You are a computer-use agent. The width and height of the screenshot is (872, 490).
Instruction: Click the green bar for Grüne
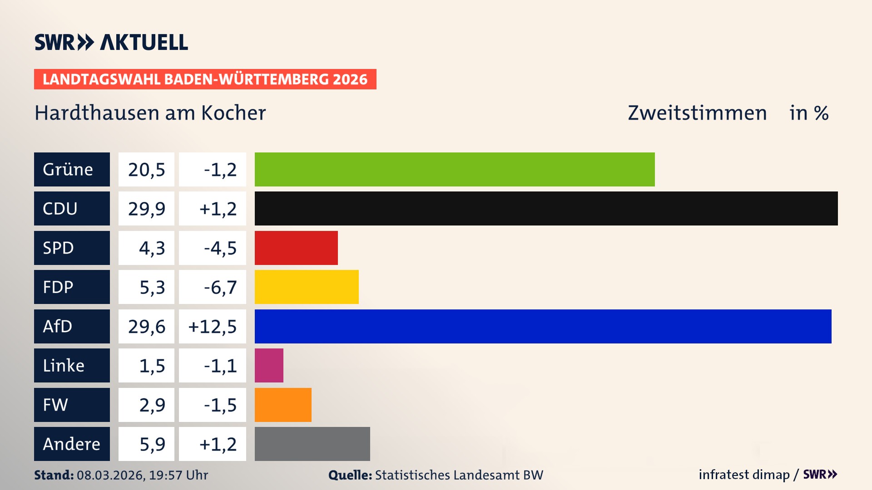point(454,169)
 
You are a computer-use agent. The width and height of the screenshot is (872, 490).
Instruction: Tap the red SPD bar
point(296,248)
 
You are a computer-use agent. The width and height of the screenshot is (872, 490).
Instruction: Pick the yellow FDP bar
point(307,287)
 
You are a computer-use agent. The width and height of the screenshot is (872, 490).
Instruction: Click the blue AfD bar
point(543,326)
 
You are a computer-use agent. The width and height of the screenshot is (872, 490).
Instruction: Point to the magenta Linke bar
point(269,365)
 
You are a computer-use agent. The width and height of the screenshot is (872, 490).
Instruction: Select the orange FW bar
point(283,405)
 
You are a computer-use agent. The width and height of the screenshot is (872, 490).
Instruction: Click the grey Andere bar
point(312,444)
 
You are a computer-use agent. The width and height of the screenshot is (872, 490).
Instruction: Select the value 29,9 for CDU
point(146,209)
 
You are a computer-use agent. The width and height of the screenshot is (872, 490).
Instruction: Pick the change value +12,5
point(213,327)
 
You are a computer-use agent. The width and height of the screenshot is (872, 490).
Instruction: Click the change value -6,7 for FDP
point(220,287)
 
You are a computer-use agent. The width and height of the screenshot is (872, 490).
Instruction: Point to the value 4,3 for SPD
point(152,248)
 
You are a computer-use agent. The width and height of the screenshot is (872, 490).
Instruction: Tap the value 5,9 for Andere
point(152,444)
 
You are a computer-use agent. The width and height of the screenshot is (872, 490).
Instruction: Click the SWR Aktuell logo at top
point(111,42)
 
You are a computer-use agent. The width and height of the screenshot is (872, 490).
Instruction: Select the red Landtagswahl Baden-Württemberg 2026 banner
point(205,79)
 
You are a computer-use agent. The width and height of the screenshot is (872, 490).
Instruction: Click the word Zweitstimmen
point(697,113)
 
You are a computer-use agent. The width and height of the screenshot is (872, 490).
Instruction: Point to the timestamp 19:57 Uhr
point(178,475)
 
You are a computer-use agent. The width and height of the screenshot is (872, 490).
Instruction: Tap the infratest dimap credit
point(744,475)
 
